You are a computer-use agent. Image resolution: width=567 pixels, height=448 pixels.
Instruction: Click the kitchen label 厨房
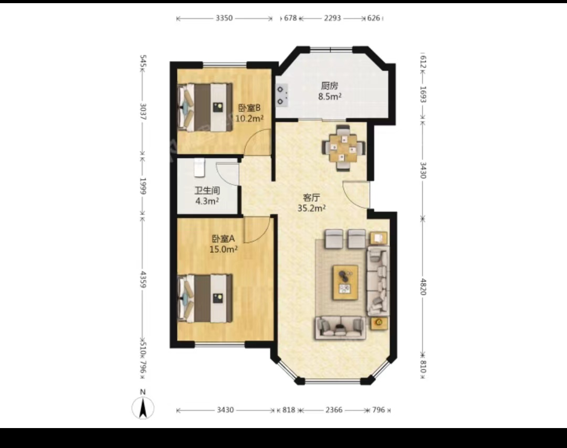click(329, 86)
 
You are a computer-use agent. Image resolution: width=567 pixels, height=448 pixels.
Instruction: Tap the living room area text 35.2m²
click(312, 208)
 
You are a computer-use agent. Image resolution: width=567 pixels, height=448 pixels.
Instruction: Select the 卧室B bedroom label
click(249, 108)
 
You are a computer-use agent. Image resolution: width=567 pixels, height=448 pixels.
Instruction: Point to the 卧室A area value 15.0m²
click(224, 249)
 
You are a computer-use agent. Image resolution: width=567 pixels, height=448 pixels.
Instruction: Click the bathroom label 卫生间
click(207, 190)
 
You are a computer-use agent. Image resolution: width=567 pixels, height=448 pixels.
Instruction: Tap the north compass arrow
click(143, 408)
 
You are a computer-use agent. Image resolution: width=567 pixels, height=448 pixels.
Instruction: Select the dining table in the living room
click(343, 148)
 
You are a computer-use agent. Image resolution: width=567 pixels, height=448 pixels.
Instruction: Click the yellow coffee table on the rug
click(345, 283)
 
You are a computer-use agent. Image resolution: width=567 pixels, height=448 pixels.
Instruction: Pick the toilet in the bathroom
click(199, 168)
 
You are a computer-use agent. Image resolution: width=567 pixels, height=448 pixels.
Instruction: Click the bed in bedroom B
click(205, 108)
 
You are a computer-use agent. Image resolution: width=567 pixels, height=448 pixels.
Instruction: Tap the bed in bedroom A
click(205, 298)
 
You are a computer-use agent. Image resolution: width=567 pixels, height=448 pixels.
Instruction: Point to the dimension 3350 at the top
click(224, 18)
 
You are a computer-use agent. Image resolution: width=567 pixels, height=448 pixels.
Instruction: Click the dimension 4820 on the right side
click(423, 287)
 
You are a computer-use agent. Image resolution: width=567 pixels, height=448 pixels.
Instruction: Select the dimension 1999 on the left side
click(143, 186)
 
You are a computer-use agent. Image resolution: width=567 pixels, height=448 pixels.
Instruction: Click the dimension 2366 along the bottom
click(334, 410)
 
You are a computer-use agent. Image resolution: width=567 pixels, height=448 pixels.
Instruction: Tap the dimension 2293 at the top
click(332, 18)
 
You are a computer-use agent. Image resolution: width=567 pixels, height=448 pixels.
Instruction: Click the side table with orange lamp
click(379, 323)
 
